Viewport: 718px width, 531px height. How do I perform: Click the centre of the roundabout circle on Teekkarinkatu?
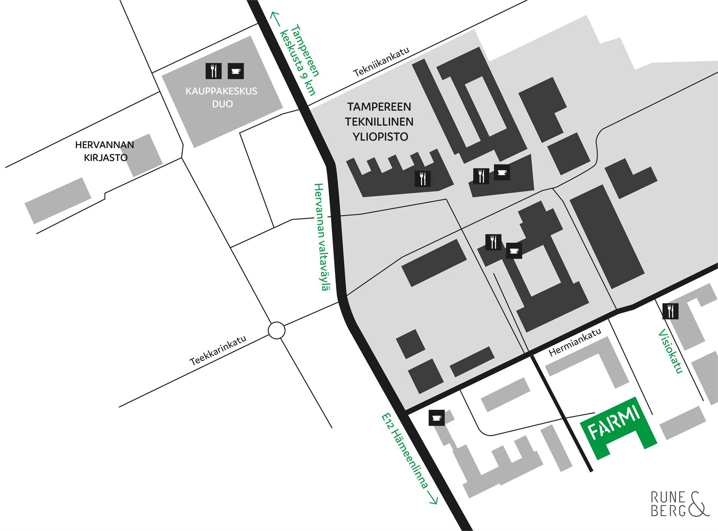[277, 330]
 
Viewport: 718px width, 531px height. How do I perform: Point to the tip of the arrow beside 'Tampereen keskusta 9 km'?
[272, 12]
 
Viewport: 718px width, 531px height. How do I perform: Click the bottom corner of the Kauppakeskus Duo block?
[194, 147]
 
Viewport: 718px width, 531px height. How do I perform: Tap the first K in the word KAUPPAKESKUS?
[189, 91]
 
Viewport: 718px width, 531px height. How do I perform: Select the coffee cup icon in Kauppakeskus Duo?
[236, 71]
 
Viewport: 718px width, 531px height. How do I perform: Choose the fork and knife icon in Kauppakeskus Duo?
[214, 71]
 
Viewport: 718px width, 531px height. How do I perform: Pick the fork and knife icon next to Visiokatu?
[670, 311]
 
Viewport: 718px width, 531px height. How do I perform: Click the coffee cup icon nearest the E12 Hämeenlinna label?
[436, 418]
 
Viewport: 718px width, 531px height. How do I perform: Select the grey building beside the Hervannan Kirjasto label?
[146, 155]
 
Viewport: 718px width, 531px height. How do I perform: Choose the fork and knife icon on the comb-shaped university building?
[423, 179]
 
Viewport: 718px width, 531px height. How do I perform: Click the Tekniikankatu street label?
[382, 62]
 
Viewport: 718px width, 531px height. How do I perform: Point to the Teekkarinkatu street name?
[218, 350]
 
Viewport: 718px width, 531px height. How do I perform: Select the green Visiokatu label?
[671, 351]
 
